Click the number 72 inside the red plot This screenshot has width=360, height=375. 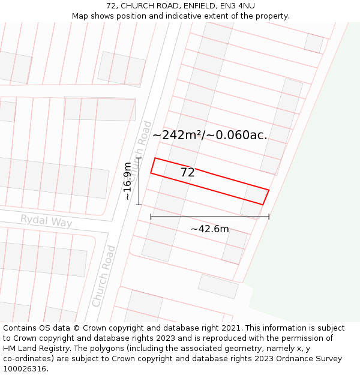[187, 173]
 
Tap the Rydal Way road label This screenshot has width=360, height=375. [46, 221]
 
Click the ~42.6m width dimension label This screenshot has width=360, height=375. [209, 229]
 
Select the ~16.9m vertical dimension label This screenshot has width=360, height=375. [127, 181]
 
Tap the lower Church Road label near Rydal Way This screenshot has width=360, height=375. [104, 276]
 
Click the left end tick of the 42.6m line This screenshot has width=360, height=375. [151, 216]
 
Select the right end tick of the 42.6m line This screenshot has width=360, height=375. [269, 216]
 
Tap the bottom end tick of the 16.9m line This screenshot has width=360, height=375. [139, 205]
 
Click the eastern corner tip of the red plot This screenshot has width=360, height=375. [269, 190]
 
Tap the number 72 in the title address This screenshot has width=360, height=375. [111, 6]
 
